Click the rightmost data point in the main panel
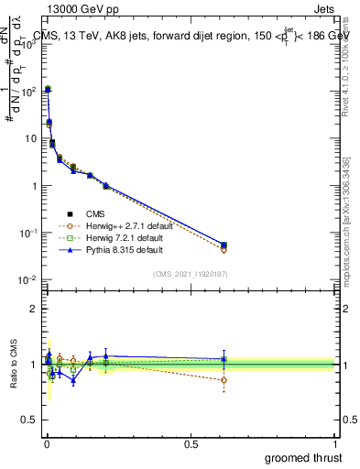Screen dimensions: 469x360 click(x=224, y=245)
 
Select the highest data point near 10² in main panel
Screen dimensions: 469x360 click(x=48, y=89)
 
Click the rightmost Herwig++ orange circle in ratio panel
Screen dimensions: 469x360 click(x=224, y=379)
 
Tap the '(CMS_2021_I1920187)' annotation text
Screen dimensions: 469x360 click(x=190, y=274)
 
